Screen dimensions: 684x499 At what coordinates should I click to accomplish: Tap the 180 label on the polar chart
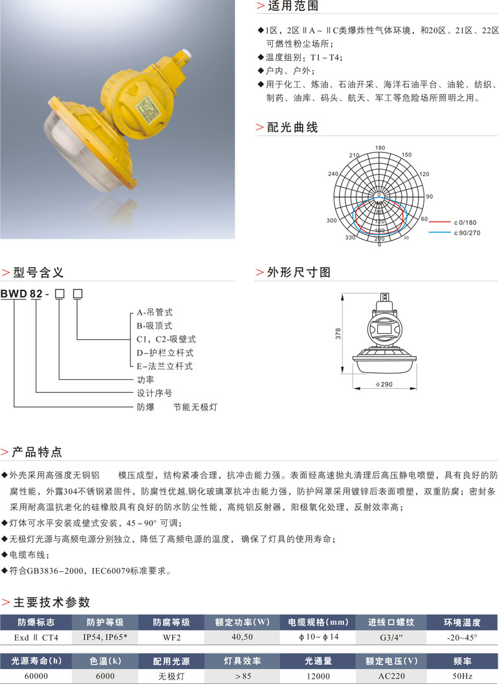click(x=380, y=147)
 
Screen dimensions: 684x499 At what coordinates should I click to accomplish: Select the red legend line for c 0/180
click(x=438, y=222)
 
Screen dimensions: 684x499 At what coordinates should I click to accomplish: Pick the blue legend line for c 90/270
click(x=438, y=232)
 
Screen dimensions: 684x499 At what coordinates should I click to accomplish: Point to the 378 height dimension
click(x=338, y=334)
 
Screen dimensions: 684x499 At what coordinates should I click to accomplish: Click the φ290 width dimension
click(x=384, y=385)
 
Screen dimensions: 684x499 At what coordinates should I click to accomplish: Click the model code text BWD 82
click(x=21, y=294)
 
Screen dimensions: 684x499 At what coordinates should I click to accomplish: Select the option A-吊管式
click(x=155, y=311)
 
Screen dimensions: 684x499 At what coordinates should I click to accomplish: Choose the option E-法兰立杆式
click(x=164, y=366)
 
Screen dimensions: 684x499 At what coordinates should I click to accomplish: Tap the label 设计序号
click(x=154, y=394)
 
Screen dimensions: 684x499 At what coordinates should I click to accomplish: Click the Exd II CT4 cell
click(x=36, y=638)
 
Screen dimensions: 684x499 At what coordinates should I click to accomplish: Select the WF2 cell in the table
click(x=171, y=638)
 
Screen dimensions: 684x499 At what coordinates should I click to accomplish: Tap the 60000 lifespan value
click(x=36, y=677)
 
